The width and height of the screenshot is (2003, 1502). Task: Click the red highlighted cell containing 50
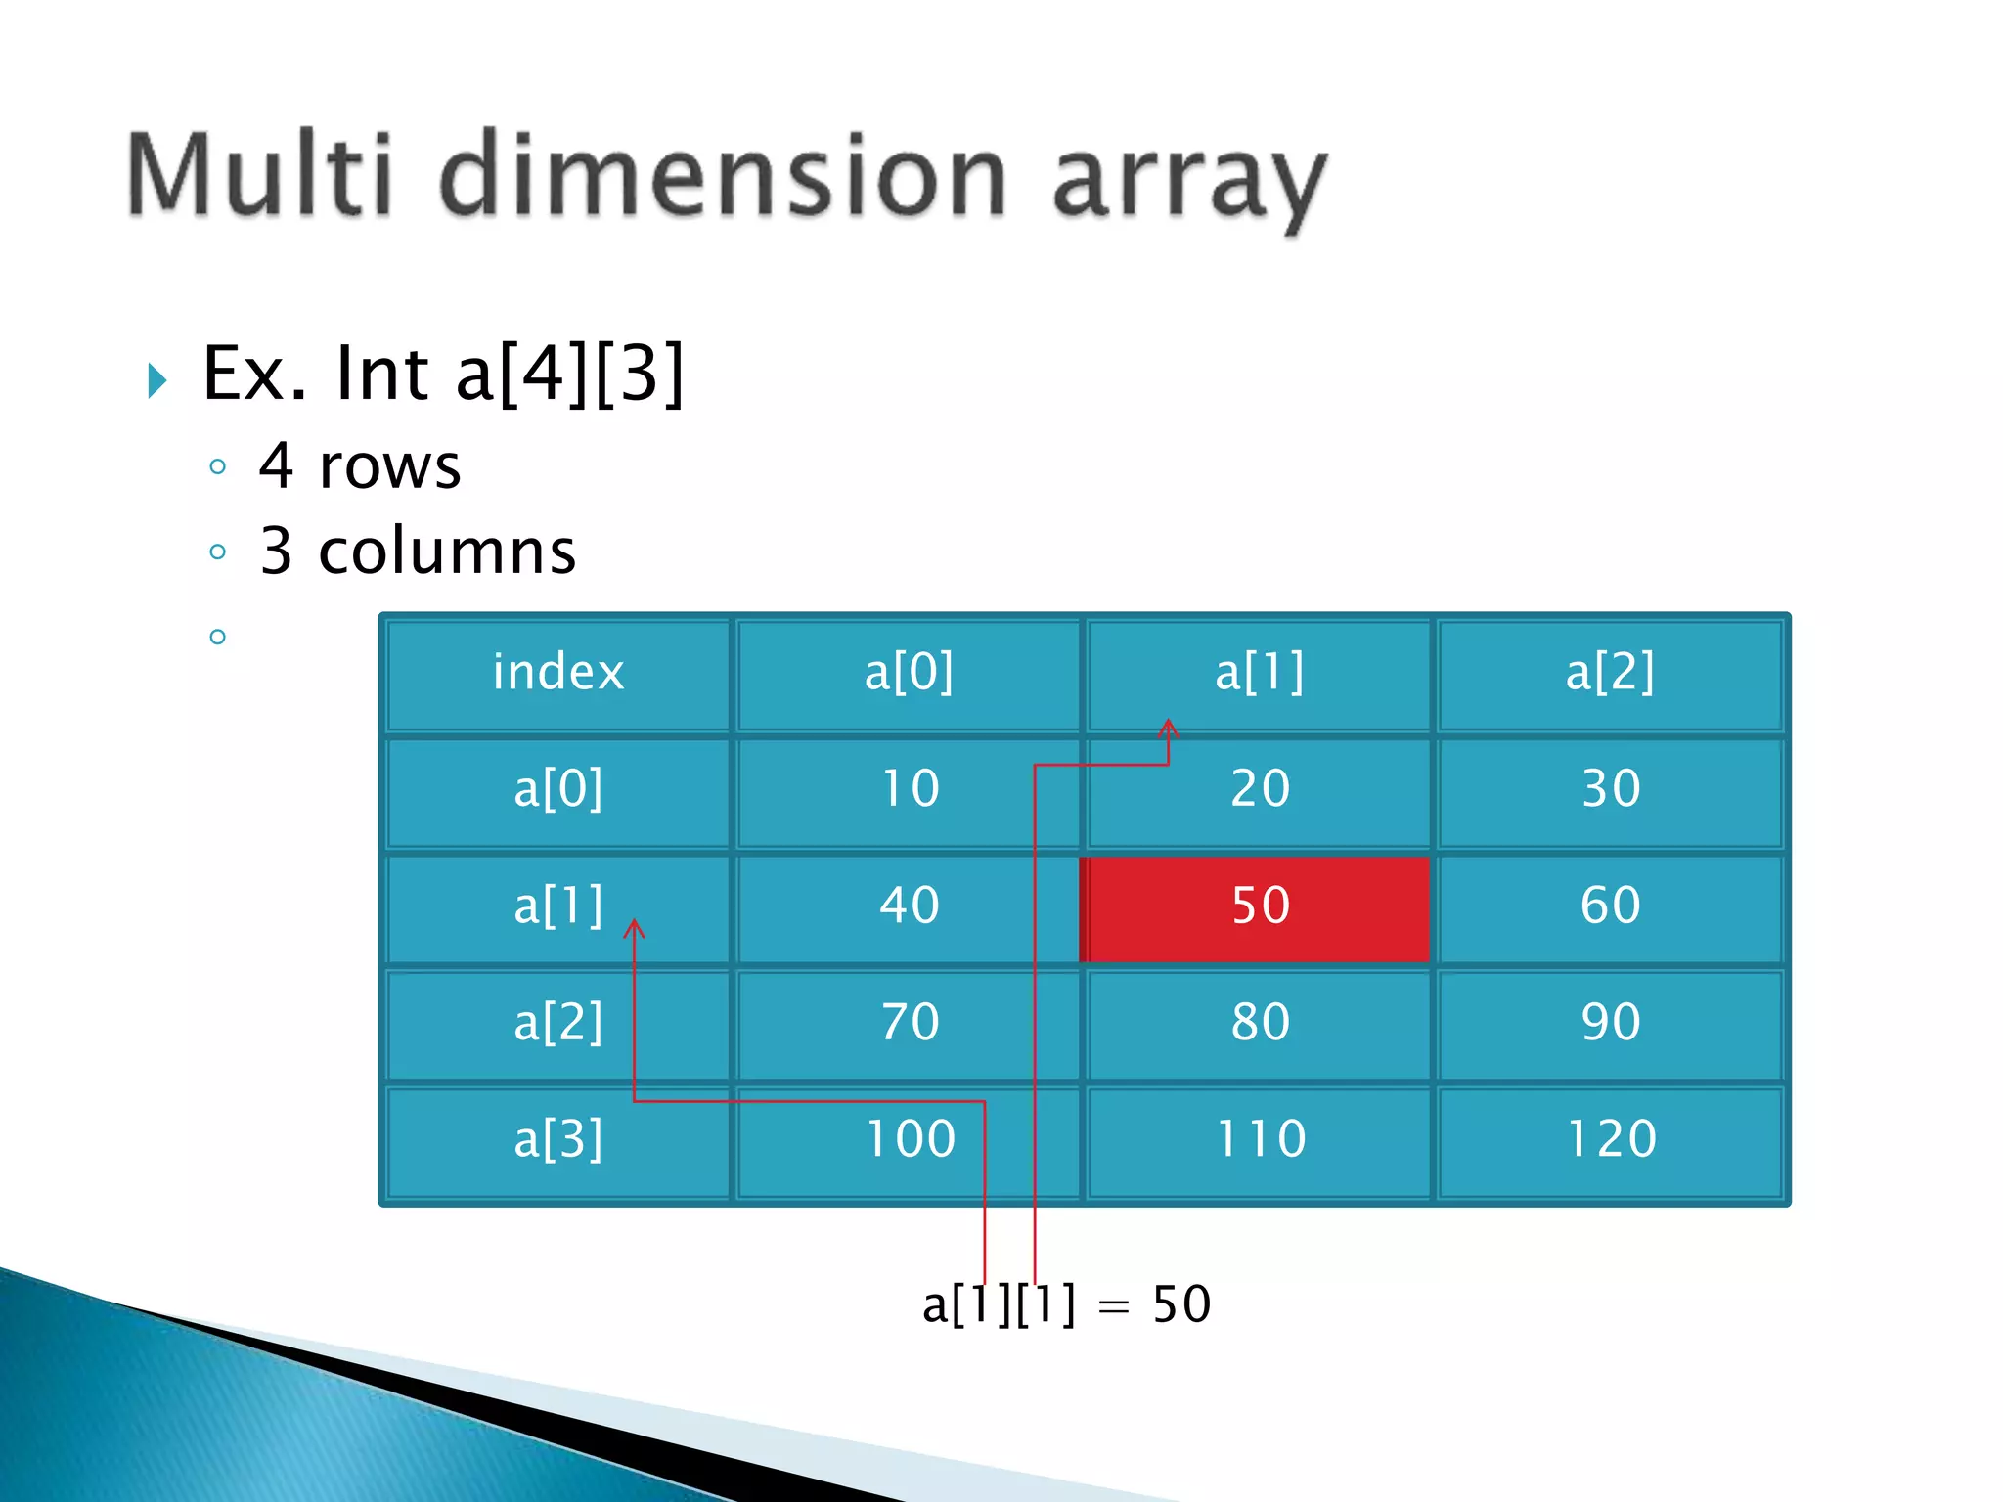click(x=1260, y=906)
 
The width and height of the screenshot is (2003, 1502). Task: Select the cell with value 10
click(x=910, y=789)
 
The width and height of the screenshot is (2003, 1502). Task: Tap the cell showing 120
click(x=1611, y=1139)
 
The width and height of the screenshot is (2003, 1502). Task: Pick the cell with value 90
click(x=1611, y=1023)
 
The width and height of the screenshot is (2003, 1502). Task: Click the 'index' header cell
click(x=558, y=673)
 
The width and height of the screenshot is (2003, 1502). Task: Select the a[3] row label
click(x=558, y=1139)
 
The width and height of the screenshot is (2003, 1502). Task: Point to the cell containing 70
click(x=910, y=1023)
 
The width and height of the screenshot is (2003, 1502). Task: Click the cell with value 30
click(x=1611, y=789)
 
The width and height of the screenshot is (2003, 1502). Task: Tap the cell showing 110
click(x=1260, y=1139)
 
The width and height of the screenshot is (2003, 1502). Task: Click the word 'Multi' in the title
click(x=259, y=176)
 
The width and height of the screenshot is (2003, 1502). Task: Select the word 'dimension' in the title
click(x=724, y=176)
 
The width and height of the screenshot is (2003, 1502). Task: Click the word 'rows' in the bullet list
click(x=389, y=466)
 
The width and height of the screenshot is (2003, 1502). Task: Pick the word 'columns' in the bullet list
click(x=447, y=552)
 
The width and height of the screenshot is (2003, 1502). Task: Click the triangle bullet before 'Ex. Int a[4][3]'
click(x=157, y=379)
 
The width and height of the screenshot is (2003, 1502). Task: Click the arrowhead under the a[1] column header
click(x=1168, y=728)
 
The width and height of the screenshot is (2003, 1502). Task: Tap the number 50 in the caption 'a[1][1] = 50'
click(x=1181, y=1304)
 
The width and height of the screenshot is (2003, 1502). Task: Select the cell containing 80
click(x=1260, y=1023)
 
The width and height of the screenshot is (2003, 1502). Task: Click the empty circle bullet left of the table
click(x=218, y=638)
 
